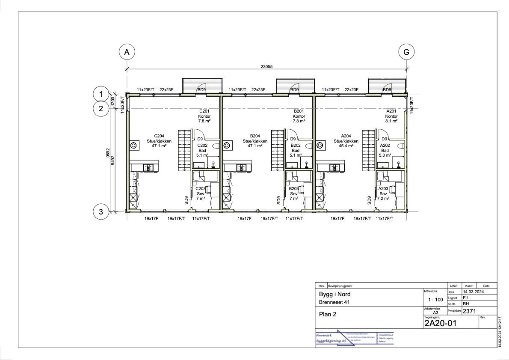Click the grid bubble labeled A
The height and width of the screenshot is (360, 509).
click(127, 52)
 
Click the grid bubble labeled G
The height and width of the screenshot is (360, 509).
click(406, 52)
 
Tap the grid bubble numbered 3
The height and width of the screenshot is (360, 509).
click(101, 211)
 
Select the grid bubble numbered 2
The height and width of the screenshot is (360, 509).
click(101, 108)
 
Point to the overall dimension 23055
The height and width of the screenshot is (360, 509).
click(266, 66)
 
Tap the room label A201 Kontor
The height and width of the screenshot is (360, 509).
click(391, 113)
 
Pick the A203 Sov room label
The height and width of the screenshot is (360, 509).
click(383, 191)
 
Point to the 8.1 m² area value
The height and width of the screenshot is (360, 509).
click(391, 121)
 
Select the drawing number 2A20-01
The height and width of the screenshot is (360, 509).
click(440, 324)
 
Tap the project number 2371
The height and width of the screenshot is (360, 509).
click(469, 311)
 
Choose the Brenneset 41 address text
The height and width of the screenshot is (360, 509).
click(335, 302)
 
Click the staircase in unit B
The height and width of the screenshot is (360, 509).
click(278, 151)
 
